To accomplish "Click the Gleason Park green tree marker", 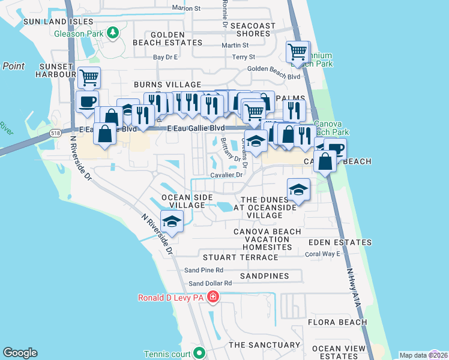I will click(x=112, y=33).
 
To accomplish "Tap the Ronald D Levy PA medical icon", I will click(x=212, y=297).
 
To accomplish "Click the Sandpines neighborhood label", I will click(x=264, y=276).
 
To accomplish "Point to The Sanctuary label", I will click(x=264, y=345).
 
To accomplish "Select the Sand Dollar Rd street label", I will click(x=210, y=283).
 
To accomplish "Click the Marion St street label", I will click(x=185, y=8).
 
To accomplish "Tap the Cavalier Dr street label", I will click(x=226, y=175).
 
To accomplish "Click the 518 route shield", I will click(x=55, y=133).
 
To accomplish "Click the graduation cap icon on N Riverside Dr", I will click(x=172, y=221).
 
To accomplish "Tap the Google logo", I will click(x=20, y=353).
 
